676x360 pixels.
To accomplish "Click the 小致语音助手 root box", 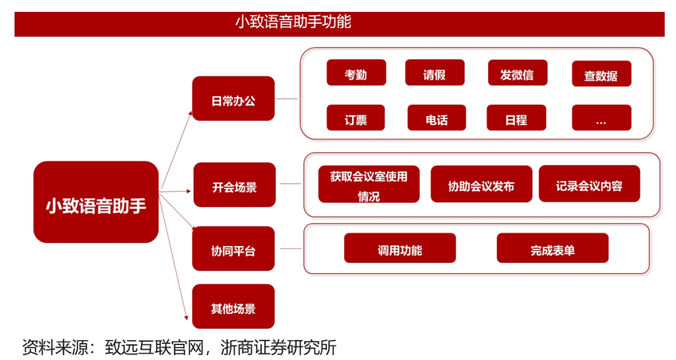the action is tap(96, 202).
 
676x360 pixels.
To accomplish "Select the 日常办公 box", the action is tap(233, 99).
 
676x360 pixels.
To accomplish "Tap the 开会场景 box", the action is tap(235, 185).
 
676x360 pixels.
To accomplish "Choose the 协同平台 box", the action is tap(233, 249).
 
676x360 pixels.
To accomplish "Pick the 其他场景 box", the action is tap(233, 307).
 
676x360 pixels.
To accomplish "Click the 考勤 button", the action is tap(356, 73).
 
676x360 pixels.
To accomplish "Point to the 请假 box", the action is tap(434, 73).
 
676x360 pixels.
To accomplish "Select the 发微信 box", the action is tap(518, 73).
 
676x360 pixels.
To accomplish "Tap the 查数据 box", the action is tap(602, 74).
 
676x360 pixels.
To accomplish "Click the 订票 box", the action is tap(356, 118).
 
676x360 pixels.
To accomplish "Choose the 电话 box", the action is tap(437, 118).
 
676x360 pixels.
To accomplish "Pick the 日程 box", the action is tap(516, 118).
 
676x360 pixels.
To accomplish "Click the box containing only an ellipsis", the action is tap(602, 118).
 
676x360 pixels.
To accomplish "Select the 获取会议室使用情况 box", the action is tap(369, 184).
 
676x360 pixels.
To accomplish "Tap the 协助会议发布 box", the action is tap(481, 184).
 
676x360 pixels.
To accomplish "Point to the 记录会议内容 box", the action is tap(590, 183).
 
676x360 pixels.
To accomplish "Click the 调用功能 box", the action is tap(399, 248).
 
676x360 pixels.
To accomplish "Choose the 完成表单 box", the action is tap(552, 248).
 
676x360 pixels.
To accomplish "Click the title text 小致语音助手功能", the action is tap(293, 21).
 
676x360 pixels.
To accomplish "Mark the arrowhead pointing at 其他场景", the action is tap(187, 318).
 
